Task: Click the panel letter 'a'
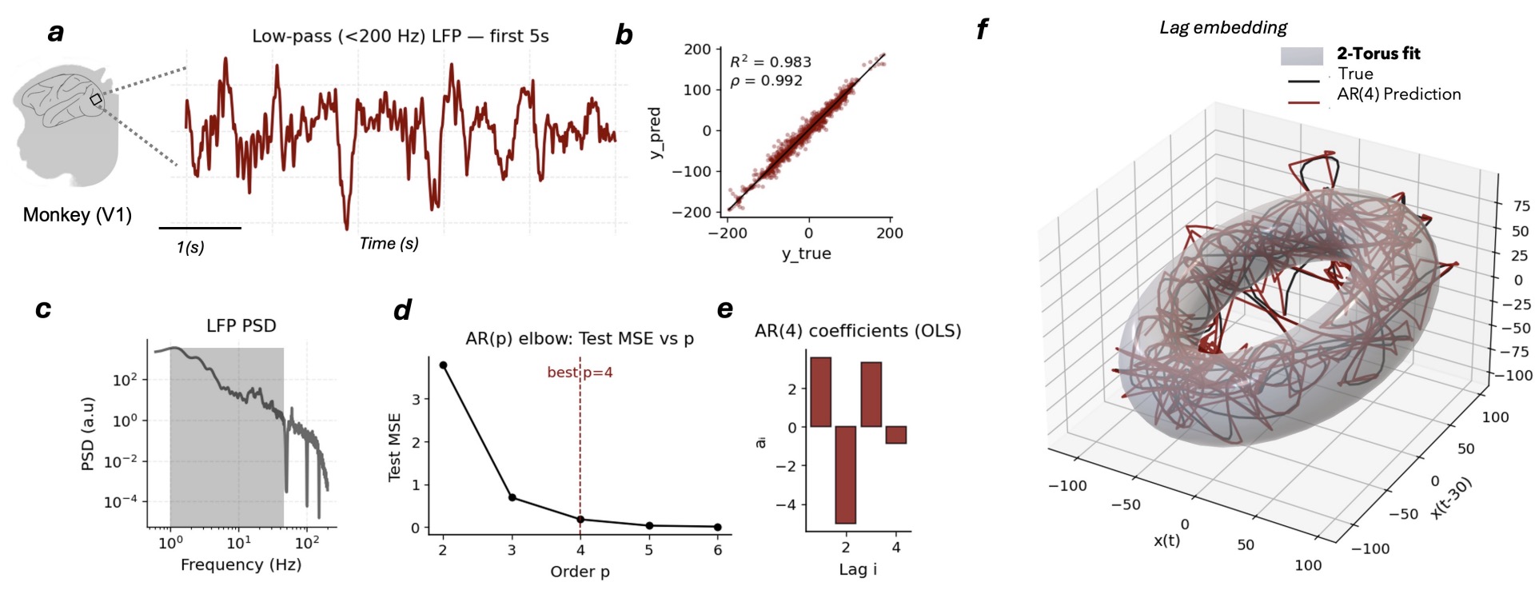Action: tap(55, 33)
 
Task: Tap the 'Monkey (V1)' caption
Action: tap(77, 215)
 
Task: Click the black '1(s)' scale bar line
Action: tap(200, 228)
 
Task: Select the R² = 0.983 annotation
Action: tap(770, 62)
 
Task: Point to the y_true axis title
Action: tap(806, 253)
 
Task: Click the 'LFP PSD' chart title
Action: tap(241, 326)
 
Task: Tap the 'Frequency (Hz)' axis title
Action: tap(241, 564)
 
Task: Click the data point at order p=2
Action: tap(443, 365)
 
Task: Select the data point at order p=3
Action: tap(512, 498)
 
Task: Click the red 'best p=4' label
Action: tap(580, 373)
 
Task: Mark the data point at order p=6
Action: tap(717, 527)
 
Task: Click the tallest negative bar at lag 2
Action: tap(846, 475)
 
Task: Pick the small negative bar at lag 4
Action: tap(896, 435)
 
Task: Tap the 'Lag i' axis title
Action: tap(858, 569)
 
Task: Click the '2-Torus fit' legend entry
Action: tap(1378, 54)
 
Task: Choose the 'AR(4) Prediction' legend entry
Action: tap(1398, 94)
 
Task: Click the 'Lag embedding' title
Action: tap(1223, 28)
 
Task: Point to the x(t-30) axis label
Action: tap(1450, 498)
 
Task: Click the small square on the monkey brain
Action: tap(96, 100)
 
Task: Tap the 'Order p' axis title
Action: tap(580, 572)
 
